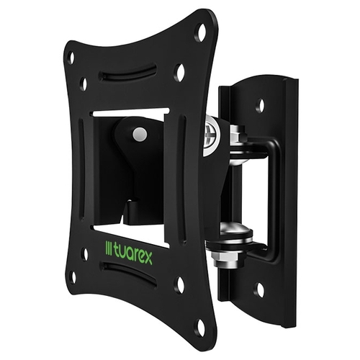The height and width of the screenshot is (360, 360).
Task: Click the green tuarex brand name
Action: [x=132, y=256]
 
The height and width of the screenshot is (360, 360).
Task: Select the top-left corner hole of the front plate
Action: [x=71, y=58]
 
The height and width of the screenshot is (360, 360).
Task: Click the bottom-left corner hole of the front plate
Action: [x=73, y=277]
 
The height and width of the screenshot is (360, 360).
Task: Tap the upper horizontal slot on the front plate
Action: [x=127, y=72]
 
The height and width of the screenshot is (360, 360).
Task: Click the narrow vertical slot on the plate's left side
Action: [x=81, y=168]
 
